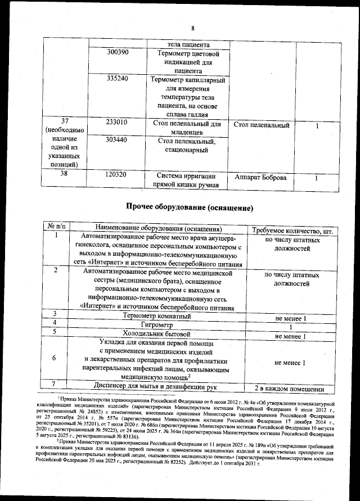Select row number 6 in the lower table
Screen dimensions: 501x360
(x=54, y=358)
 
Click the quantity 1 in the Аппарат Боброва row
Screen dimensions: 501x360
(x=316, y=178)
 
